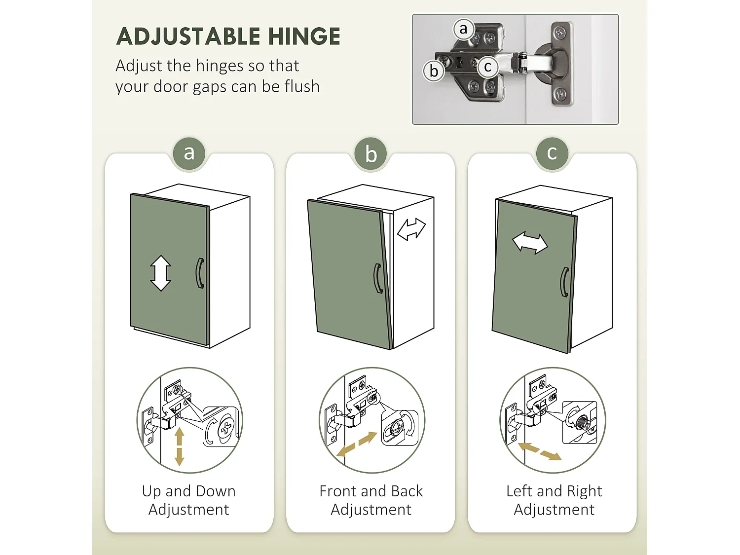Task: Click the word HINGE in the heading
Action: point(304,36)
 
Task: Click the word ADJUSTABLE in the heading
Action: point(188,36)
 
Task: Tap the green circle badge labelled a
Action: point(189,153)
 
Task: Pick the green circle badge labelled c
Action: point(552,153)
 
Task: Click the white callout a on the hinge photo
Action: point(464,29)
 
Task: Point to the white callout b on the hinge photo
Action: point(434,71)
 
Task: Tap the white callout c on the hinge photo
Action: point(488,67)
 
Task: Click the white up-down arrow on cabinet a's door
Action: point(160,273)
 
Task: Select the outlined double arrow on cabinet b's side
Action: point(411,229)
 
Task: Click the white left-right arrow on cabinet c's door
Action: point(530,243)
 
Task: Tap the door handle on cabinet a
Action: point(200,273)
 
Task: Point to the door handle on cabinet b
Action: point(377,278)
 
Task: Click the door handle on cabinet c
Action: point(565,282)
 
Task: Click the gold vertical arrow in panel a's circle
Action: point(180,447)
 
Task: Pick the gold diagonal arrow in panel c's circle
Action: point(540,451)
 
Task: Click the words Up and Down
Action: point(189,491)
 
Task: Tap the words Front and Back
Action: point(371,491)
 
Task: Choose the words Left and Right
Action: point(554,492)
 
